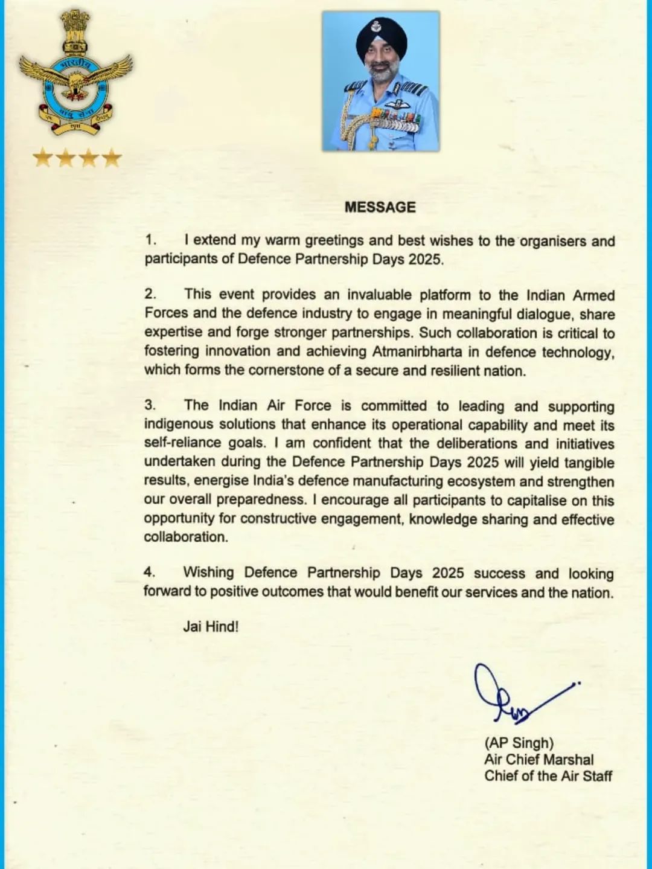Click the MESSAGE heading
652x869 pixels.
pyautogui.click(x=380, y=207)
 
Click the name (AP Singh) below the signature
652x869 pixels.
pyautogui.click(x=519, y=743)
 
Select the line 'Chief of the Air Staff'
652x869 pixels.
pyautogui.click(x=548, y=775)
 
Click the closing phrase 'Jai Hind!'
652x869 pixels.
pyautogui.click(x=211, y=626)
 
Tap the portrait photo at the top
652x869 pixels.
pyautogui.click(x=380, y=82)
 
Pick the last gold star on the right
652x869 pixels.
pyautogui.click(x=112, y=159)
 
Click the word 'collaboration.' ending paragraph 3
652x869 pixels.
pyautogui.click(x=186, y=537)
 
